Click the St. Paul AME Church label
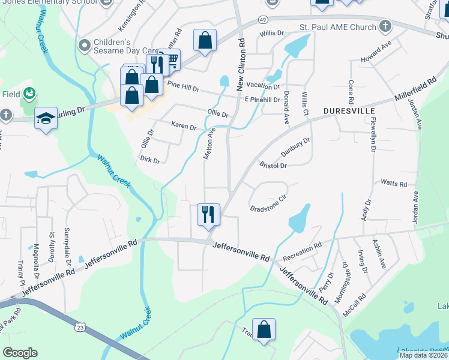[x=337, y=28]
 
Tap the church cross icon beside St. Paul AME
[x=385, y=27]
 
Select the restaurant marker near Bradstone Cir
[x=208, y=214]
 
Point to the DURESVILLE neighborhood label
[x=349, y=112]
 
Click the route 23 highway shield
[x=80, y=327]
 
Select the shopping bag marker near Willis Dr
[x=205, y=41]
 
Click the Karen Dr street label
[x=184, y=127]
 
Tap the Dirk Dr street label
[x=149, y=160]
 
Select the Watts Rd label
[x=394, y=184]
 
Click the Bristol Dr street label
[x=273, y=165]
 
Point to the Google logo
[x=20, y=353]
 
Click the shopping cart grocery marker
[x=171, y=59]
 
